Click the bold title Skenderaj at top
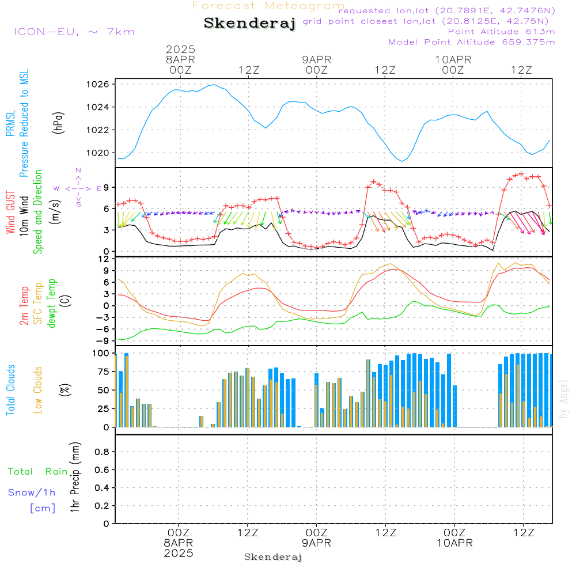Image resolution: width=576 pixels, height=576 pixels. click(249, 24)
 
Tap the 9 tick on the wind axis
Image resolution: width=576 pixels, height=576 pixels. click(107, 187)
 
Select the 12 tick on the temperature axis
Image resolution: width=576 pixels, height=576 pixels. click(104, 259)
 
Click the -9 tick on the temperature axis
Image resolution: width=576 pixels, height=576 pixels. click(104, 340)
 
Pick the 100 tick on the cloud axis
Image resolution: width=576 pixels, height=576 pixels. click(101, 353)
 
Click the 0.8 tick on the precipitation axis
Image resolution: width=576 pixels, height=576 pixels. click(101, 452)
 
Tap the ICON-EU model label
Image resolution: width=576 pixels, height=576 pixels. click(73, 32)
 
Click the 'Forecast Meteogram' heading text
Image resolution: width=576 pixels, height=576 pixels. click(268, 6)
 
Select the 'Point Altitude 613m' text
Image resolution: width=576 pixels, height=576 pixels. click(501, 32)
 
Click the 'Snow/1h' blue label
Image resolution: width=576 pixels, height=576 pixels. click(32, 492)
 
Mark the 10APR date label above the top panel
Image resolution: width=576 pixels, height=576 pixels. click(453, 59)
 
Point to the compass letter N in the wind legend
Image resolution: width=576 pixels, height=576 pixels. click(78, 170)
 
